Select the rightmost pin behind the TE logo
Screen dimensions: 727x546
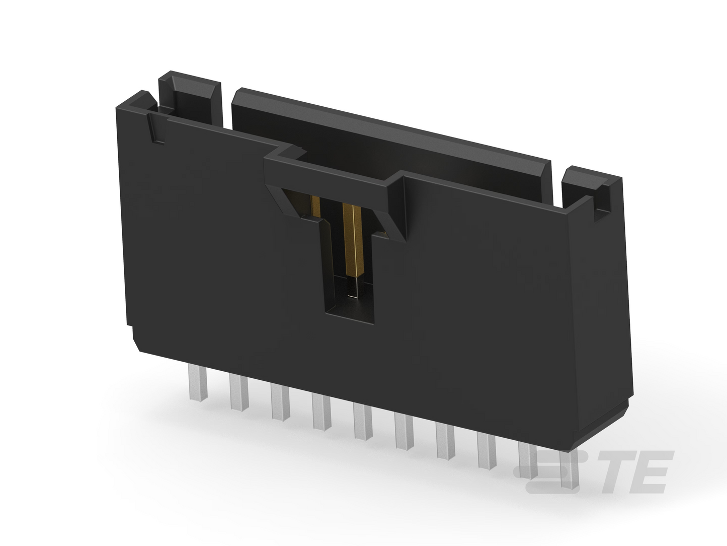[569, 469]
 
